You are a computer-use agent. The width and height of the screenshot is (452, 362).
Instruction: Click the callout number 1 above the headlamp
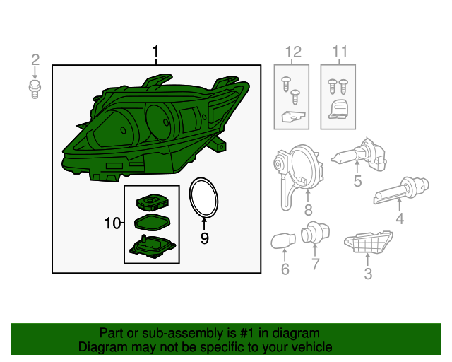pos(156,52)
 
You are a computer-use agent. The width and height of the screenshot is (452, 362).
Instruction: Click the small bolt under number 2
pos(35,89)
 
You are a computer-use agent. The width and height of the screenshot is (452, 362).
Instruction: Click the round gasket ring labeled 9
pos(203,198)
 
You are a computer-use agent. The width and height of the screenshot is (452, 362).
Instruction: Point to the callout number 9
pos(204,238)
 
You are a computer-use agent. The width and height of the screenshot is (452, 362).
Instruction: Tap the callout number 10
pos(112,224)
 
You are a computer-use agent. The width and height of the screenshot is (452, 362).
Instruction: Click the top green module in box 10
pos(155,202)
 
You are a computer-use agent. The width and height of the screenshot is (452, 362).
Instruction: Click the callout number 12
pos(292,52)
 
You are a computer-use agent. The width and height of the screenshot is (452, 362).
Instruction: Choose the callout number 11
pos(340,52)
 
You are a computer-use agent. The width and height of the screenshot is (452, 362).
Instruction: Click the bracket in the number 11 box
pos(340,108)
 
